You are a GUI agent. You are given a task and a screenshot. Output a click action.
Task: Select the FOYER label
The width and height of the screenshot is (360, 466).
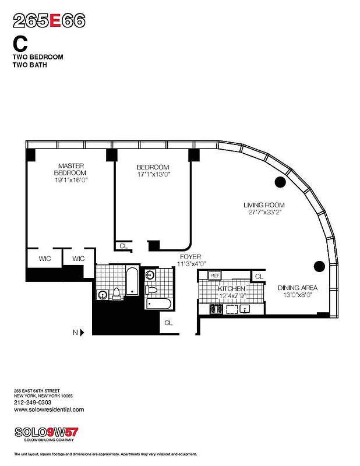tap(190, 256)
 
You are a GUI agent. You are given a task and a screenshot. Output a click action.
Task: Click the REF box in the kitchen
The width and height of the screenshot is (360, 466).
tap(214, 276)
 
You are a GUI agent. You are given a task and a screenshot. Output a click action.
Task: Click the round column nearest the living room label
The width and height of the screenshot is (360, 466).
tap(280, 182)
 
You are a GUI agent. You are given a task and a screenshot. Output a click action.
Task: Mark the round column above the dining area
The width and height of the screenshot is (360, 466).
tap(319, 266)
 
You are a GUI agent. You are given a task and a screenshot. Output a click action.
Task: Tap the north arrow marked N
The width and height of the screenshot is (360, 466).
tap(80, 333)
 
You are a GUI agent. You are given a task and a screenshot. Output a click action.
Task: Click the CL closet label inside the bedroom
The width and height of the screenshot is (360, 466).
tap(123, 246)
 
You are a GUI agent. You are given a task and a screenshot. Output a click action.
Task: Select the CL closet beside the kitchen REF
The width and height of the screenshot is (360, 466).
tap(259, 276)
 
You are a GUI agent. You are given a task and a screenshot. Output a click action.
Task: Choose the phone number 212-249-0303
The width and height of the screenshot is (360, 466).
tap(32, 403)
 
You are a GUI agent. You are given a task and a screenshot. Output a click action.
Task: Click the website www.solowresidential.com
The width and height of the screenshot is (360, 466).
tap(48, 409)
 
